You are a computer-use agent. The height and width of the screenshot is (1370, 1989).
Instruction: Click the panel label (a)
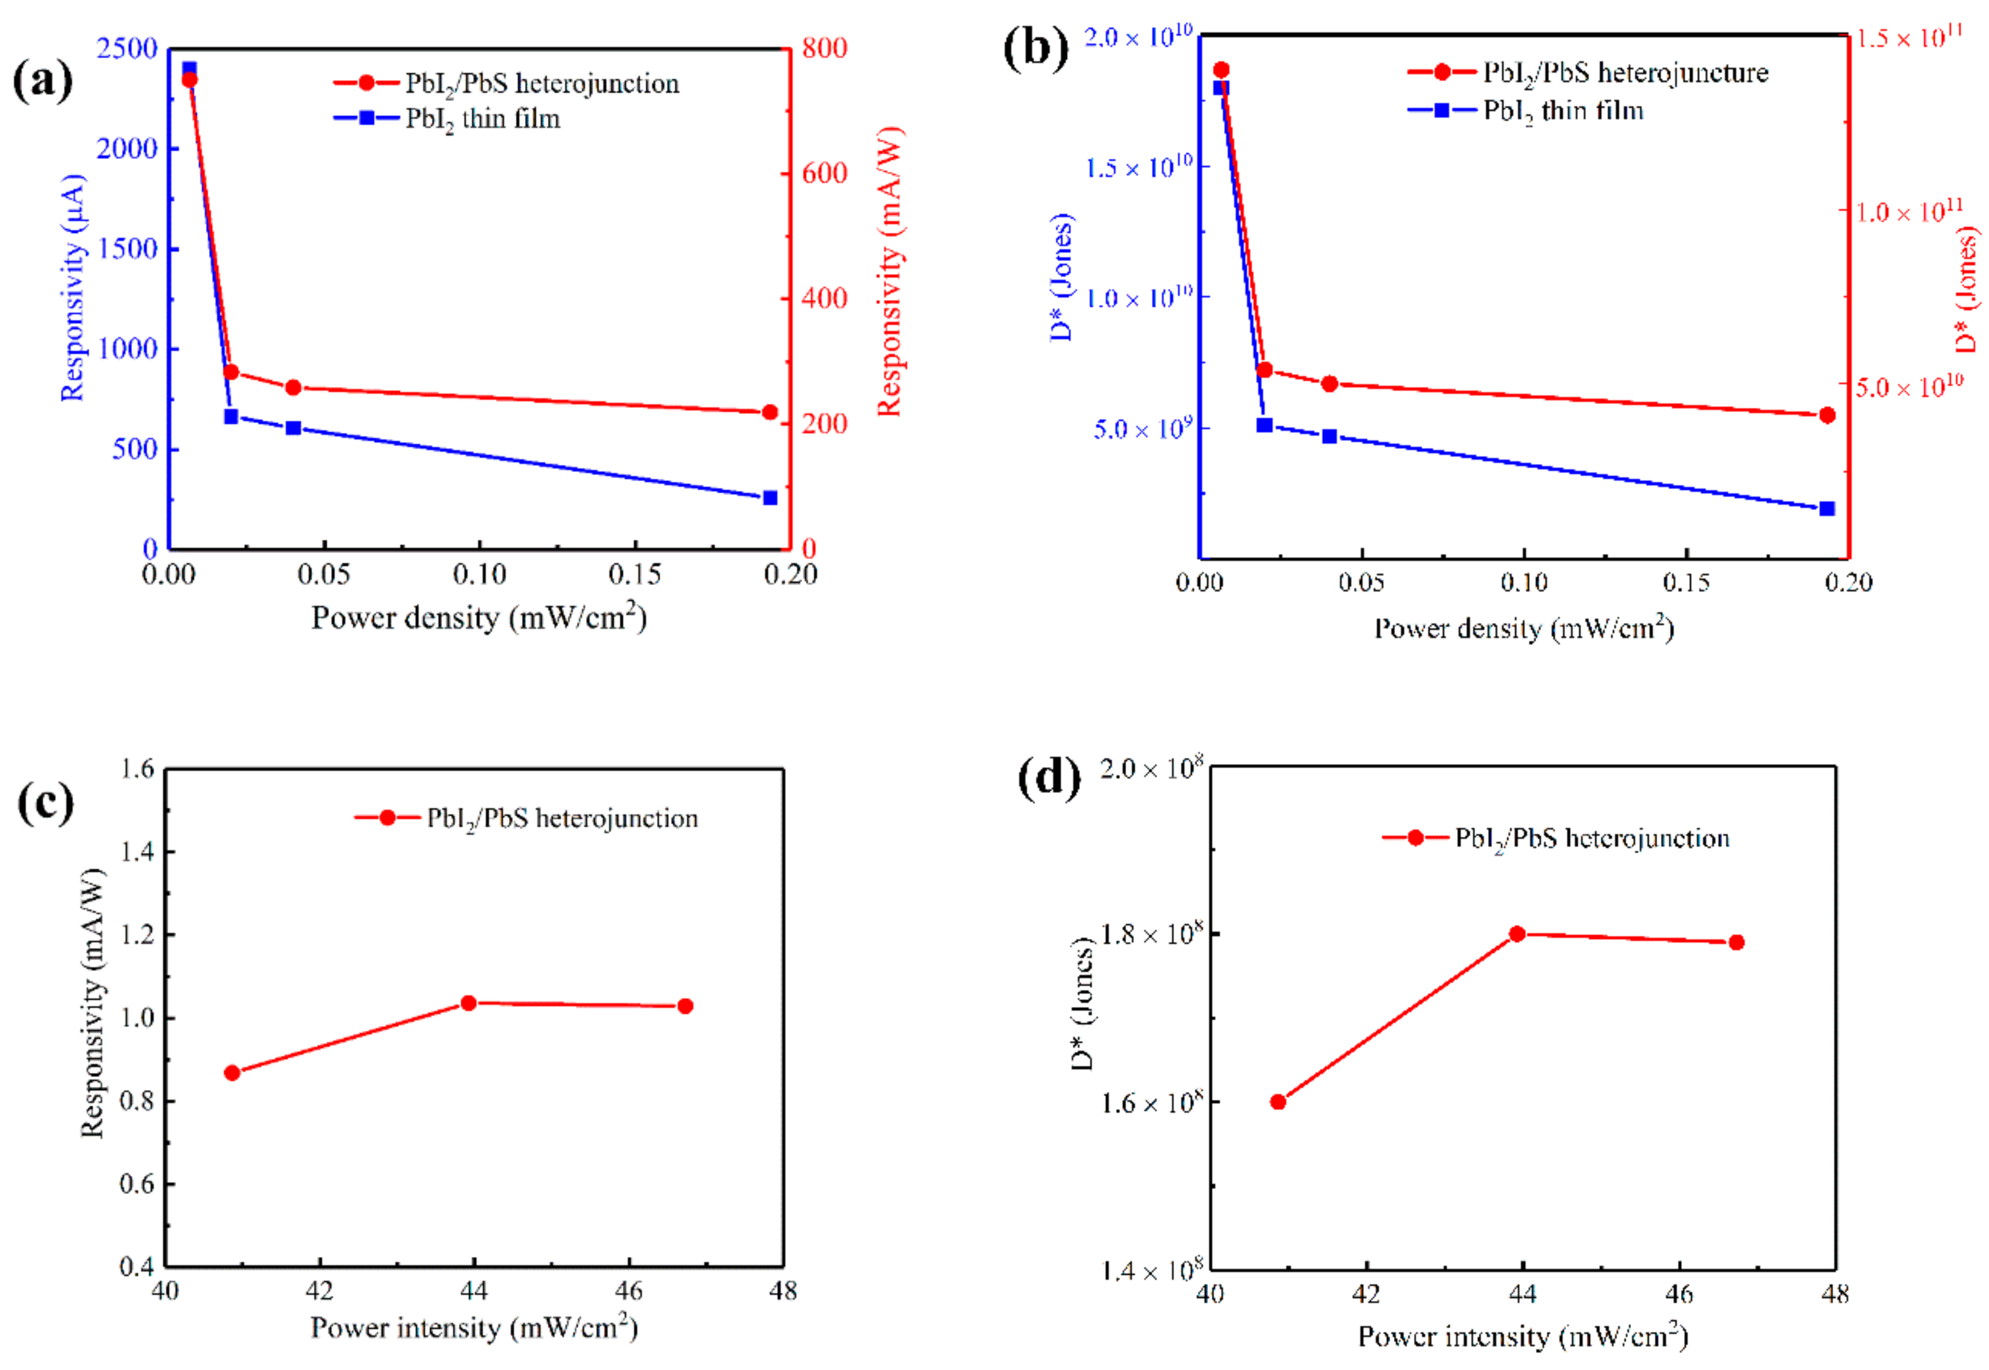pyautogui.click(x=42, y=81)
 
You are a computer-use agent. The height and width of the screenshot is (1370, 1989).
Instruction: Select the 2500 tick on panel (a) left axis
pyautogui.click(x=127, y=48)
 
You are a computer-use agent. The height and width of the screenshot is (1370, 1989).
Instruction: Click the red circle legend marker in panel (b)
pyautogui.click(x=1441, y=72)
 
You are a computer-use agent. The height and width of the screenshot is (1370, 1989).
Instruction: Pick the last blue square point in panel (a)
pyautogui.click(x=770, y=498)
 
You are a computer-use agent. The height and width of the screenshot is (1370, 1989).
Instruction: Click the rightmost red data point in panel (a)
pyautogui.click(x=770, y=413)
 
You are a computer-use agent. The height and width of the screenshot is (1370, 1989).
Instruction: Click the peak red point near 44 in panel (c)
pyautogui.click(x=469, y=1003)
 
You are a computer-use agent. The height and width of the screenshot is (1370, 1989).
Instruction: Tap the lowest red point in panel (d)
pyautogui.click(x=1278, y=1102)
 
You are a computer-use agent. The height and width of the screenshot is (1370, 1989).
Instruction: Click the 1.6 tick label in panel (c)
pyautogui.click(x=137, y=768)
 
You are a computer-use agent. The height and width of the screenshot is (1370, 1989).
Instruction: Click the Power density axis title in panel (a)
pyautogui.click(x=478, y=618)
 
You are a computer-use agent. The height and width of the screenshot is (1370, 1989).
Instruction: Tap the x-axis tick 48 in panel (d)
pyautogui.click(x=1834, y=1294)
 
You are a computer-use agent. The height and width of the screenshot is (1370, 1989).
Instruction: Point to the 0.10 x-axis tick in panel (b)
pyautogui.click(x=1524, y=583)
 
